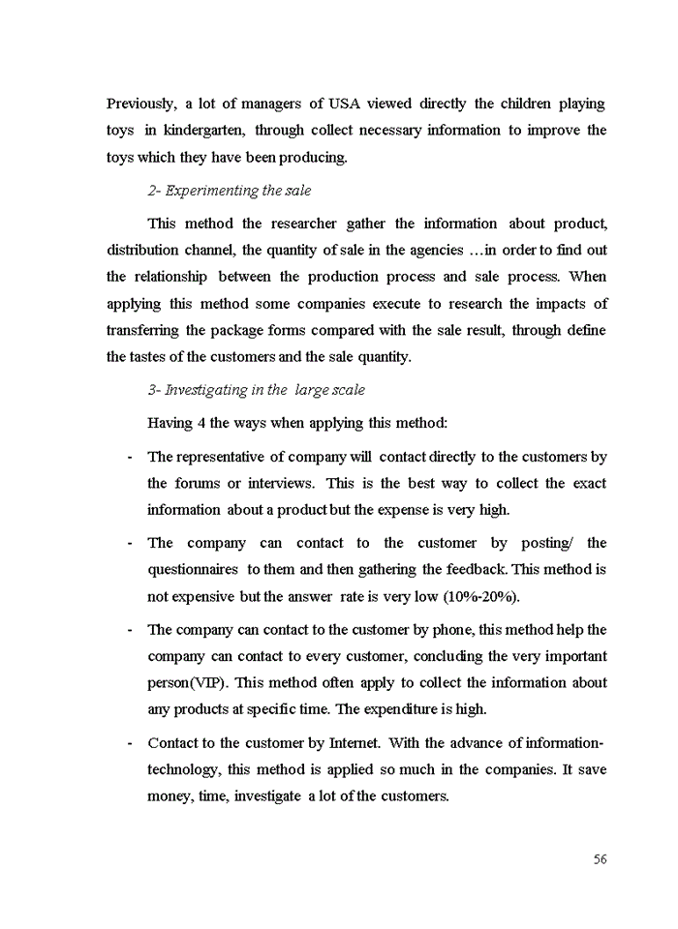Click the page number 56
tap(600, 859)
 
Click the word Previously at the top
tap(141, 104)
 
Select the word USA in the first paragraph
tap(345, 104)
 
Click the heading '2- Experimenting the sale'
tap(229, 191)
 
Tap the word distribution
tap(143, 251)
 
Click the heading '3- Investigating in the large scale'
tap(256, 390)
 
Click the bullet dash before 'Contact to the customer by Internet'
tap(130, 743)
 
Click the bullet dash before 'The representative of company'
tap(130, 457)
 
